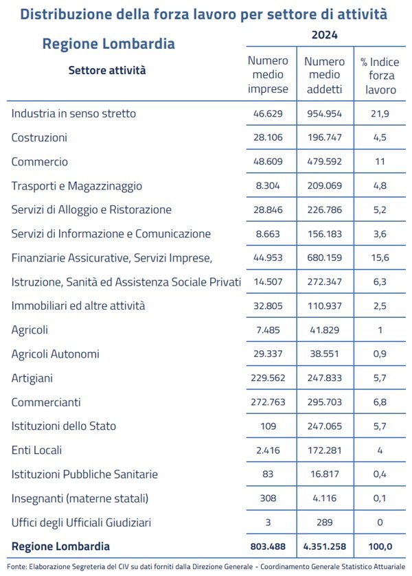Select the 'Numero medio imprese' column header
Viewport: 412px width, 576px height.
click(x=268, y=75)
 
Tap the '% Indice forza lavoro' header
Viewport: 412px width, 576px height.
click(x=380, y=76)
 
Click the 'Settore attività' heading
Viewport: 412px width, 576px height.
click(x=107, y=69)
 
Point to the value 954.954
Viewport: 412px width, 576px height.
click(x=323, y=113)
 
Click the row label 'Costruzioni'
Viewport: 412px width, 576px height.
click(x=39, y=137)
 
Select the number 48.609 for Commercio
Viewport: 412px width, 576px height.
click(x=268, y=162)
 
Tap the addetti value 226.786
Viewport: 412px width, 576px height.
click(x=323, y=210)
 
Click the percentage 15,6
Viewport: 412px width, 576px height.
click(x=380, y=257)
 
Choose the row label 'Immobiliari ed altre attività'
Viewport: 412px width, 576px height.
click(x=78, y=306)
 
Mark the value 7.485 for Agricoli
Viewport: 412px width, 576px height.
click(x=268, y=330)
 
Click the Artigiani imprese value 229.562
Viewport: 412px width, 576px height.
click(x=268, y=378)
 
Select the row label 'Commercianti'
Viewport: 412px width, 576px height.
click(x=45, y=402)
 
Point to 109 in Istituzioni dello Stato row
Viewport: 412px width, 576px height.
click(x=268, y=426)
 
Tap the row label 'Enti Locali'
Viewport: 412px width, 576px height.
click(x=36, y=450)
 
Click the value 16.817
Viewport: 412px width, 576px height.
click(x=323, y=474)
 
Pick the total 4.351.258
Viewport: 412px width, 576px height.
click(x=323, y=547)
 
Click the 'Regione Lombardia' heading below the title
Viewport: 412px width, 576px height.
click(x=108, y=44)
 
